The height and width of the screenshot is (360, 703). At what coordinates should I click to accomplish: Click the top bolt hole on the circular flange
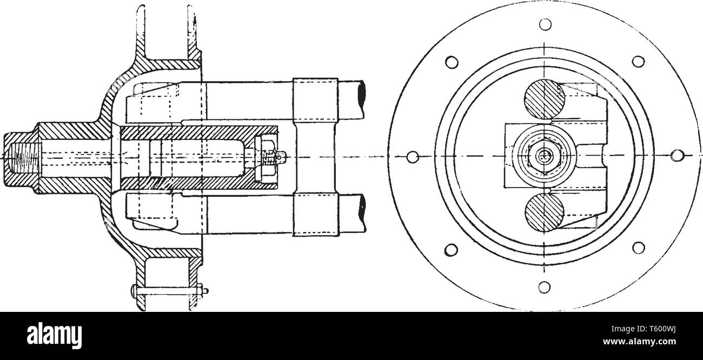click(x=545, y=24)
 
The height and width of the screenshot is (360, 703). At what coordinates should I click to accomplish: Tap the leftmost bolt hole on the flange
click(x=414, y=156)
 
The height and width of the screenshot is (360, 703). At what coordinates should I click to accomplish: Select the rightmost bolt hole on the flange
click(x=675, y=155)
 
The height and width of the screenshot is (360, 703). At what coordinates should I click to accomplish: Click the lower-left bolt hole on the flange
click(x=452, y=249)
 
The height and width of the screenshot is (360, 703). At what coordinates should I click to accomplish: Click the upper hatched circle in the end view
click(x=544, y=100)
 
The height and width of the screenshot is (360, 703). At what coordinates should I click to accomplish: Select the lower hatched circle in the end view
click(x=544, y=212)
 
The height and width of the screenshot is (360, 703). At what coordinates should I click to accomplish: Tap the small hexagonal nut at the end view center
click(x=545, y=156)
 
